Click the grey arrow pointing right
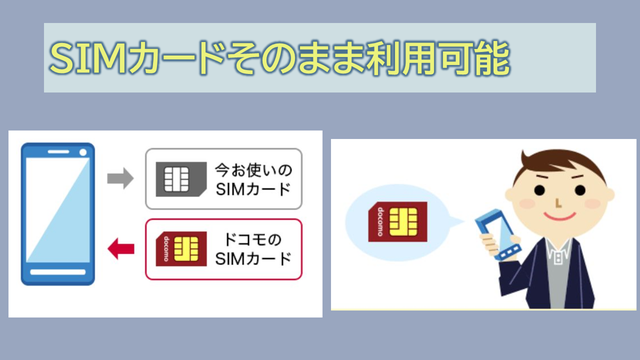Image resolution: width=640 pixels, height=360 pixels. tap(120, 178)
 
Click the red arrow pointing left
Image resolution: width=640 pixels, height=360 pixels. tap(121, 249)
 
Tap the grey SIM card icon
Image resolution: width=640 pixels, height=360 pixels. tap(181, 179)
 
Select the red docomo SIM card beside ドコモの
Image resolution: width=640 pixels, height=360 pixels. tap(181, 249)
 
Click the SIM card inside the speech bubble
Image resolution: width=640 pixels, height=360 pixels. tap(398, 222)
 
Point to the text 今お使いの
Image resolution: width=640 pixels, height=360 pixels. tap(253, 170)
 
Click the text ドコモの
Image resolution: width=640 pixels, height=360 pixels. tap(253, 240)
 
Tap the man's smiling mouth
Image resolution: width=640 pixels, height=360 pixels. tap(560, 217)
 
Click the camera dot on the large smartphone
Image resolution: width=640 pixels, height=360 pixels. tap(83, 152)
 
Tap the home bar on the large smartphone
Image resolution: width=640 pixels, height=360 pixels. tap(58, 272)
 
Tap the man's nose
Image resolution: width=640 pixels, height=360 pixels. tap(558, 203)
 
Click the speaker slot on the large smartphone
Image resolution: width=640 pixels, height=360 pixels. tap(58, 152)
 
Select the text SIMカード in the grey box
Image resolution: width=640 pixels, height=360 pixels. tap(253, 189)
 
